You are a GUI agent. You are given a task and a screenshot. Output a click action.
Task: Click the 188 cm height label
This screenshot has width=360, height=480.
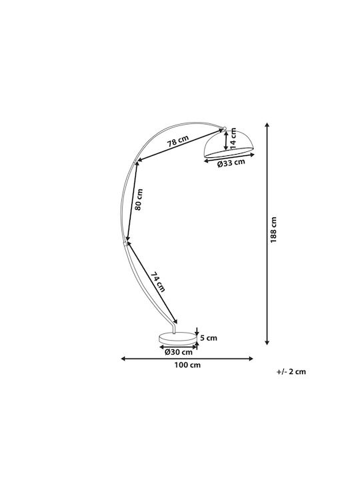pos(273,230)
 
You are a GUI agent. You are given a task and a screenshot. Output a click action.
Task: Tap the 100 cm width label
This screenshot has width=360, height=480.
pos(187,365)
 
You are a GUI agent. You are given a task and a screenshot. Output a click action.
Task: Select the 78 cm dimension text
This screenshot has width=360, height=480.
pos(178,141)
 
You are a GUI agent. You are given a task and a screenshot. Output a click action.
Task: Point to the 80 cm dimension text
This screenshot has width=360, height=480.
pos(139,199)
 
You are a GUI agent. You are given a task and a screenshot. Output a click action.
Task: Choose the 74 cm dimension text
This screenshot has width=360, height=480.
pos(158,282)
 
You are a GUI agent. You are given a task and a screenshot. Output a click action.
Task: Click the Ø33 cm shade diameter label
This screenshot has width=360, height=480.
pos(231,163)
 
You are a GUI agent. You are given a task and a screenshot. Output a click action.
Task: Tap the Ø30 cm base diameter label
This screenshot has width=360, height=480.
pos(179,352)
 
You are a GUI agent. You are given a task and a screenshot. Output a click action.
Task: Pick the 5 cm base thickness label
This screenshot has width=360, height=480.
pos(209,338)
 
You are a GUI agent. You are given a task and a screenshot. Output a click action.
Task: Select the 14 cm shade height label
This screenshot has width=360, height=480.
pos(233,137)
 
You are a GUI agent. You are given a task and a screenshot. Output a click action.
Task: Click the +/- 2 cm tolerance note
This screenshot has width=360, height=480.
pos(291,371)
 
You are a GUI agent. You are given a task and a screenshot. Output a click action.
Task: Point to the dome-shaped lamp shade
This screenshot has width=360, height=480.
pos(229,144)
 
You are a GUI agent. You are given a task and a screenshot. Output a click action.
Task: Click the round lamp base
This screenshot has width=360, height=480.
pos(177,339)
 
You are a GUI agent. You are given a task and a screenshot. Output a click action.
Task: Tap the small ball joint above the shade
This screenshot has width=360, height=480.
pos(225,129)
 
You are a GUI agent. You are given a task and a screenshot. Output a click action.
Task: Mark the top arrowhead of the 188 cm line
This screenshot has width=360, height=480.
pos(267,125)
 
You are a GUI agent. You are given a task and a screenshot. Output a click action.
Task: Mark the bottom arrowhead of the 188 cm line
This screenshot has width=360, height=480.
pos(267,343)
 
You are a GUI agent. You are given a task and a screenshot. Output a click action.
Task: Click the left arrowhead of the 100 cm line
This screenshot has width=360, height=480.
pos(123,359)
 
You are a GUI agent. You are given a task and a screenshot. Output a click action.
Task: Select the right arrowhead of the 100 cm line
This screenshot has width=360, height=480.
pos(251,359)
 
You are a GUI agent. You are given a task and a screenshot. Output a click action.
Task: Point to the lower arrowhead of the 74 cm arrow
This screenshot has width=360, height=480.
pos(176,321)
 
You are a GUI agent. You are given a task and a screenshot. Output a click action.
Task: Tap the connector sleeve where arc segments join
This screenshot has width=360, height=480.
pos(125,243)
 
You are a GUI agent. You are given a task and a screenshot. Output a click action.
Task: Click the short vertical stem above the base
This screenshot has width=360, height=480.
pos(173,329)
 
